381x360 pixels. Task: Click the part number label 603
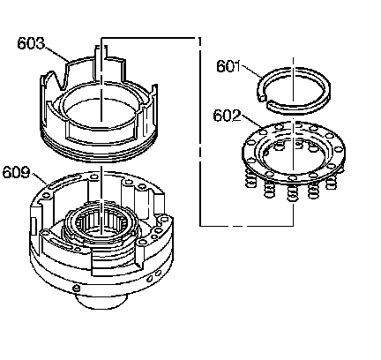coord(31,43)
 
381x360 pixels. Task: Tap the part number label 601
coord(228,66)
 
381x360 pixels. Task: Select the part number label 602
coord(227,116)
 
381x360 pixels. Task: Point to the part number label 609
coord(17,172)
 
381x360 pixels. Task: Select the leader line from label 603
coord(56,55)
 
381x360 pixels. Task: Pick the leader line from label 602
coord(252,121)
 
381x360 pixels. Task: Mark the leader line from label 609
coord(40,178)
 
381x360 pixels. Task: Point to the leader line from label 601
coord(251,71)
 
